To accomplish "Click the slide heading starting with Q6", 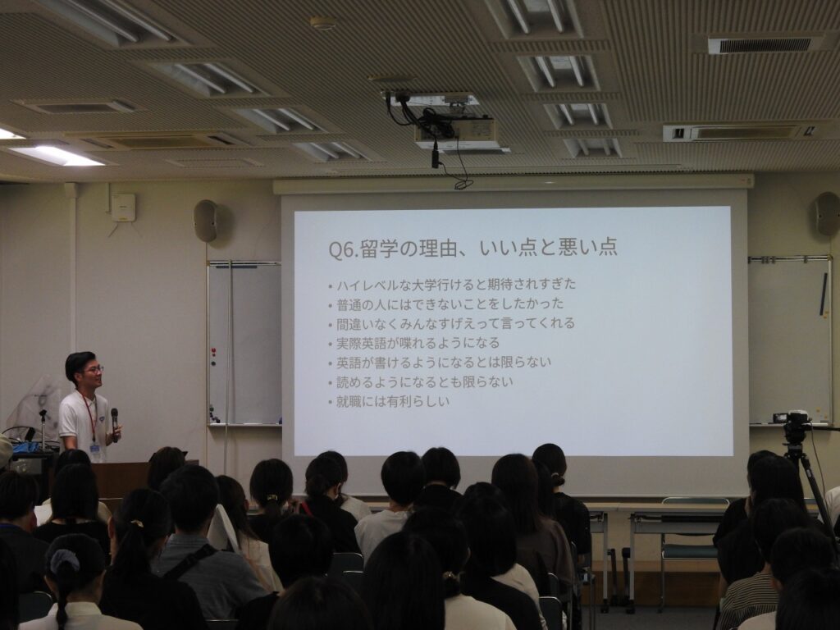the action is click(472, 248).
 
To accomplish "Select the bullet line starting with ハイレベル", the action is click(452, 284).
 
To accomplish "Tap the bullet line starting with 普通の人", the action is click(445, 304).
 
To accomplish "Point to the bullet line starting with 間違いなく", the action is click(451, 323).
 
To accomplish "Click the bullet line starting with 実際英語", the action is click(413, 343).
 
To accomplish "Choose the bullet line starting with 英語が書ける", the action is click(440, 363).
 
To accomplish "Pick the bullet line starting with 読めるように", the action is click(421, 382).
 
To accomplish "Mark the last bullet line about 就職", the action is click(388, 401).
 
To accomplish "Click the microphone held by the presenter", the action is click(114, 423).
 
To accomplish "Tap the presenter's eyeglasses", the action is click(94, 370).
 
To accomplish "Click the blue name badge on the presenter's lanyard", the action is click(95, 449).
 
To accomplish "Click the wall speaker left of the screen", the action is click(206, 220).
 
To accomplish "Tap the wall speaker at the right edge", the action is click(827, 214).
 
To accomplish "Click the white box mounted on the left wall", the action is click(123, 208).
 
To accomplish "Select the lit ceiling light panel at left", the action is click(57, 156).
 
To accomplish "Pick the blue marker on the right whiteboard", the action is click(824, 294).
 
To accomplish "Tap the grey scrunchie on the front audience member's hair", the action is click(65, 562).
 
